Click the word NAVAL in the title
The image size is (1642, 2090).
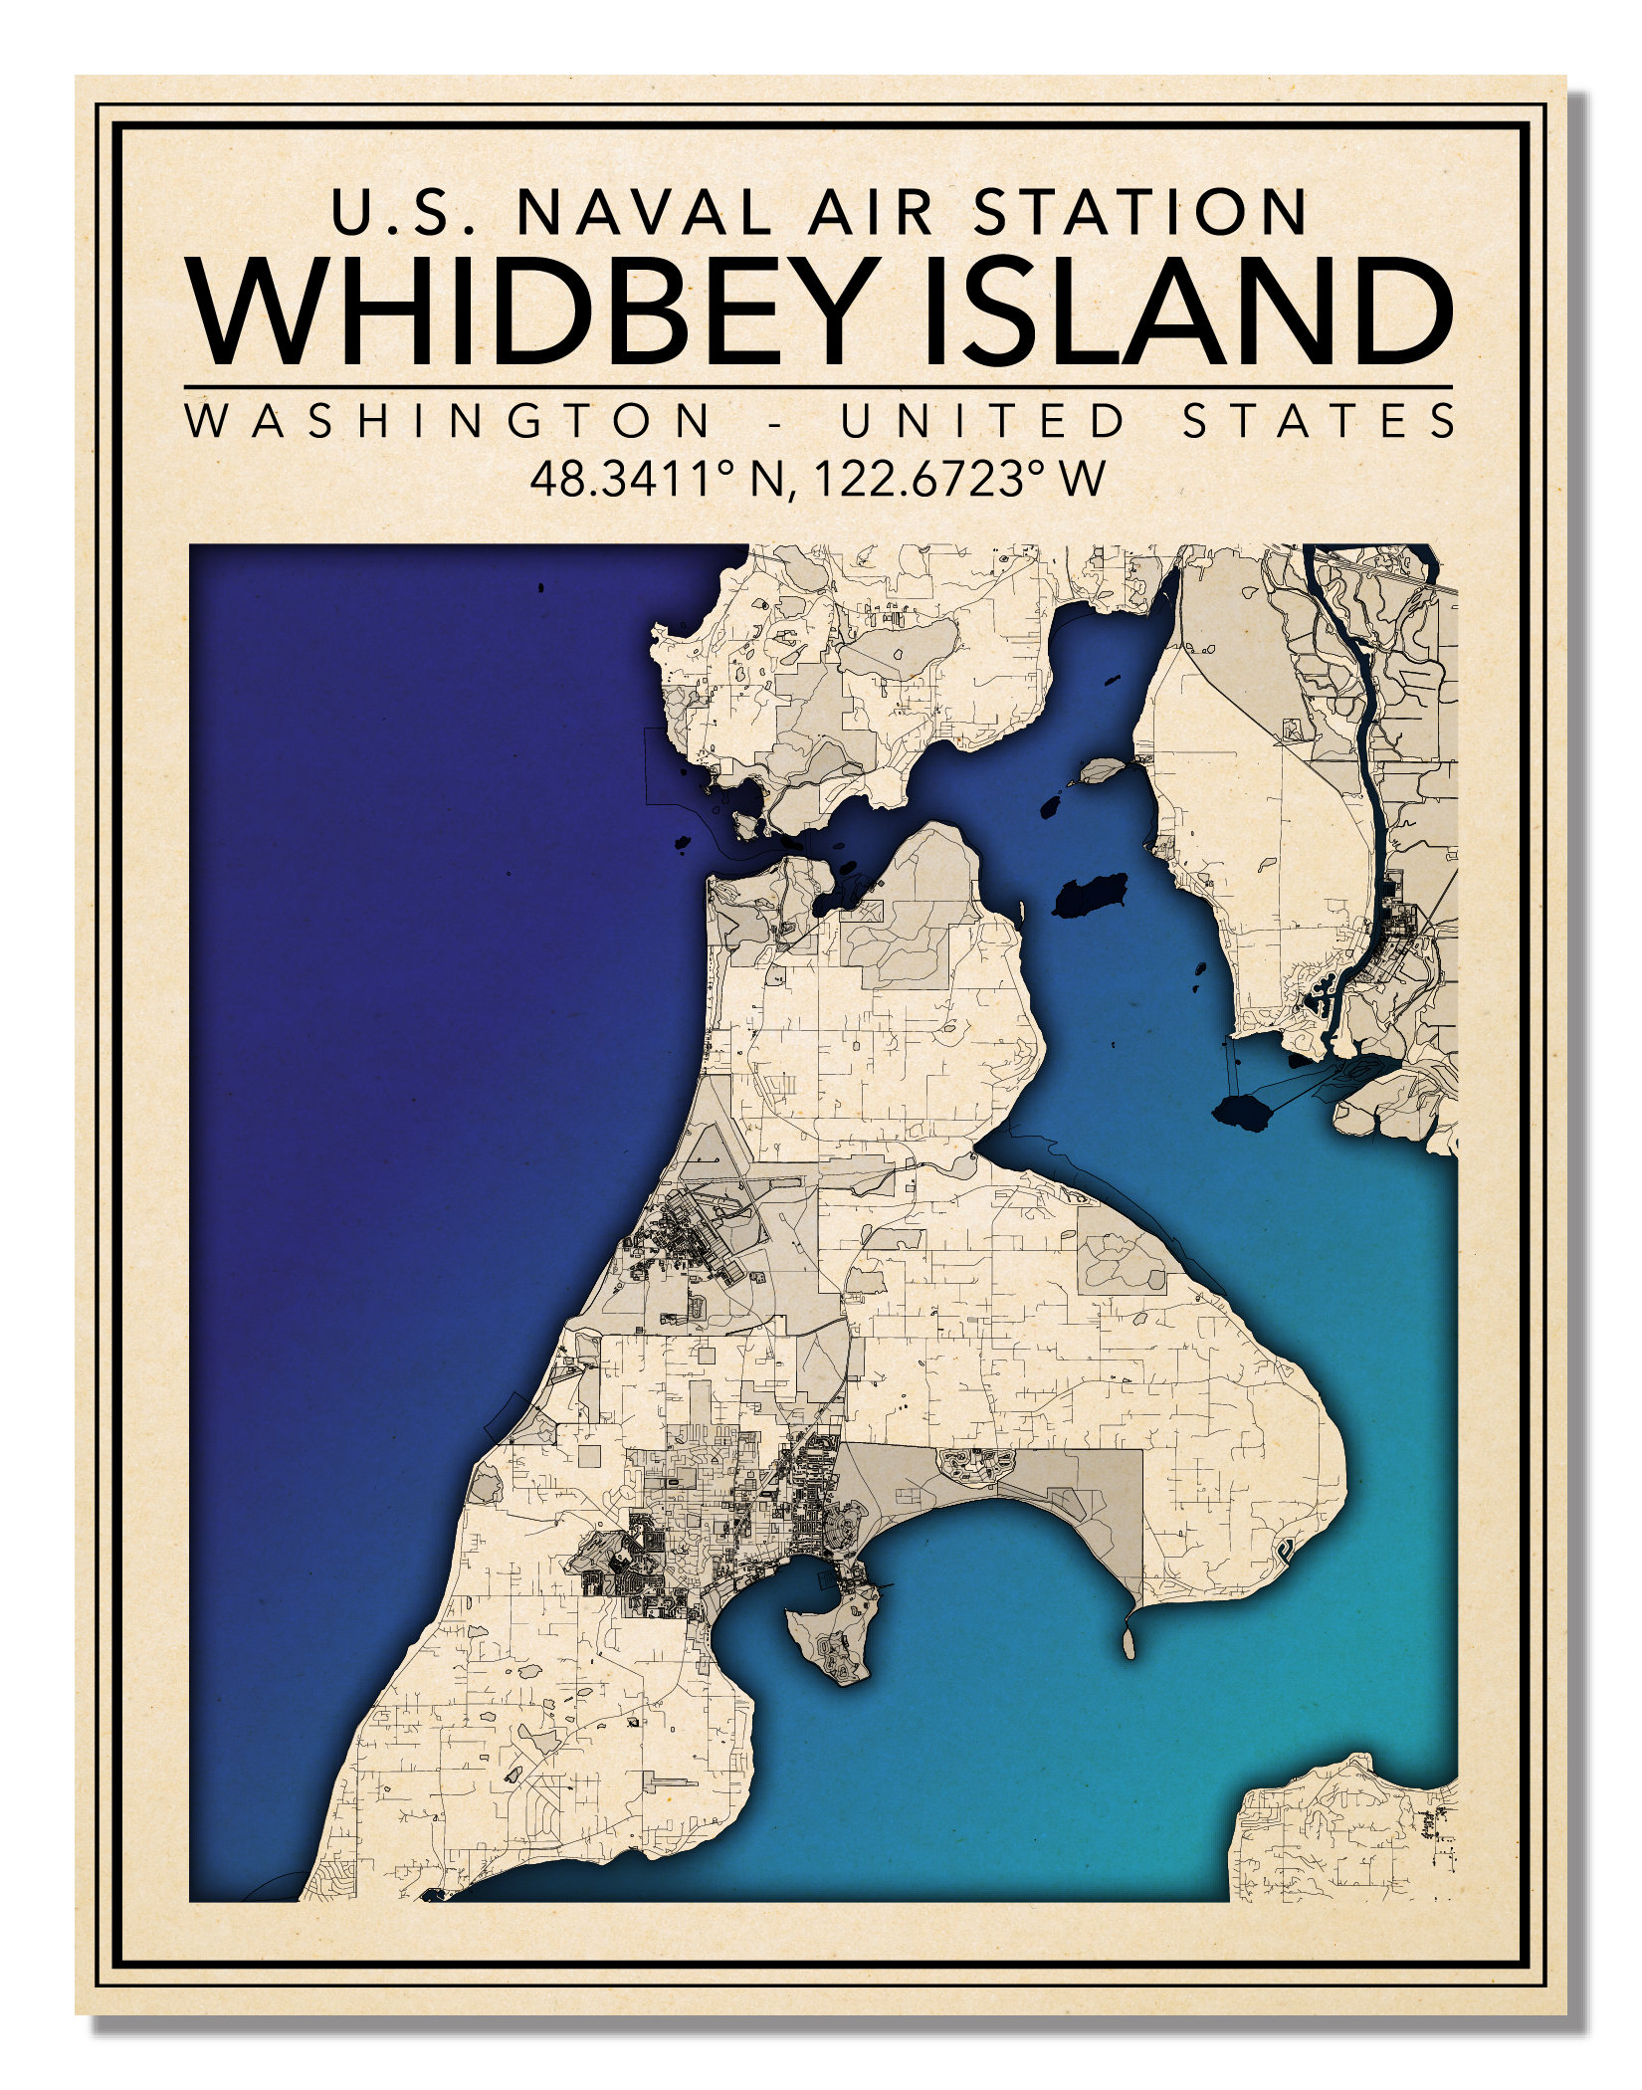click(x=643, y=212)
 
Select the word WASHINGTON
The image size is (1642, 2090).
click(x=449, y=421)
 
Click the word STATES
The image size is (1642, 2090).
click(x=1319, y=421)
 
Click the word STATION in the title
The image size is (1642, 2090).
click(x=1140, y=212)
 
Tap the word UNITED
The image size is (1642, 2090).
click(x=982, y=421)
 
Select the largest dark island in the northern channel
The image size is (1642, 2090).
click(x=1092, y=896)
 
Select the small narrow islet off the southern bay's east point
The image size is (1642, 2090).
click(x=1129, y=1638)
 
